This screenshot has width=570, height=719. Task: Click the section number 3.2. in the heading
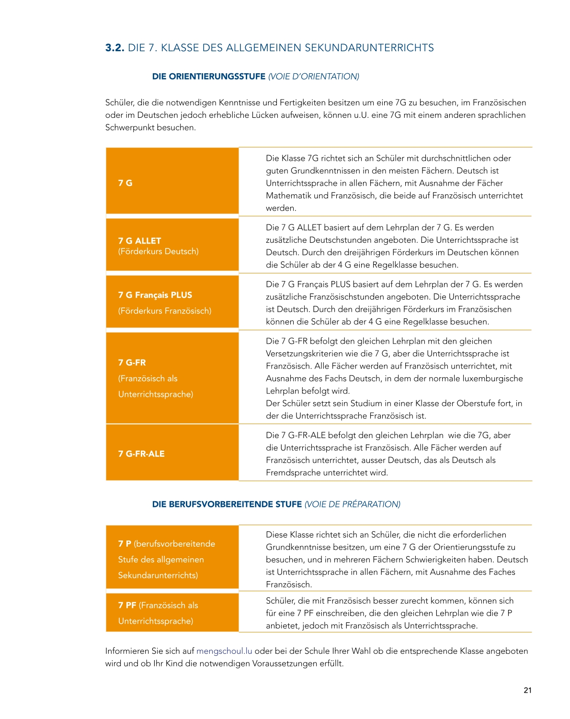[114, 48]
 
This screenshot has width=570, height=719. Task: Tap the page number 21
[527, 690]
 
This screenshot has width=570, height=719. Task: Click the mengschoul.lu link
[224, 651]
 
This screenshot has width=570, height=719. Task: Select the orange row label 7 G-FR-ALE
[141, 454]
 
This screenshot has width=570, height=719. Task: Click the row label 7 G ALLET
[139, 241]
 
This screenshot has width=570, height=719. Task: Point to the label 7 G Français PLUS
[155, 295]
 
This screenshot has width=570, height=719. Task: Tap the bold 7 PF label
[127, 605]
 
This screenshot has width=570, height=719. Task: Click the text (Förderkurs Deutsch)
[159, 251]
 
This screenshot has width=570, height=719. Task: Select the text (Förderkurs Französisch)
[165, 311]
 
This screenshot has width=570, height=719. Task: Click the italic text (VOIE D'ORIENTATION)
[313, 77]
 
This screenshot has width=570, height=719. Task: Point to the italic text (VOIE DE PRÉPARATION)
[352, 504]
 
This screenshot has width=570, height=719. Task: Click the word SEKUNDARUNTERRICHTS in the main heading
[369, 48]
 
